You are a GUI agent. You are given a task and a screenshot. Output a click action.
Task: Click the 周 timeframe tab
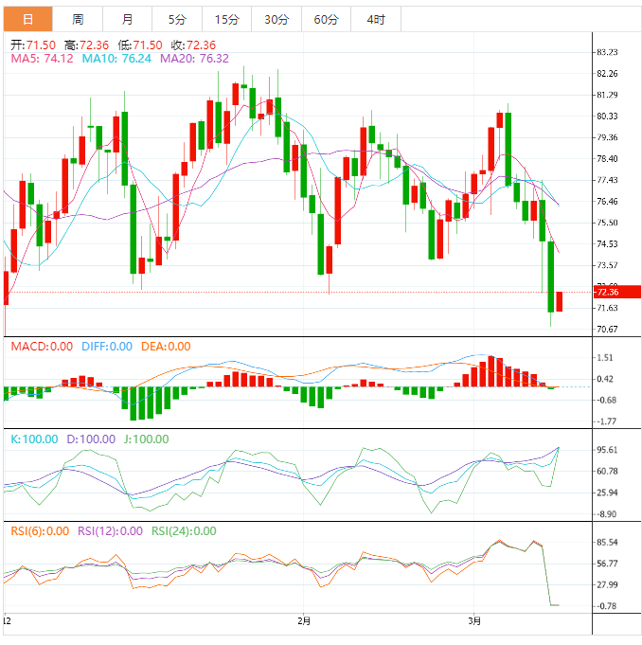pos(78,19)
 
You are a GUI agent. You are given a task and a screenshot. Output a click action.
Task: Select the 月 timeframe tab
pos(128,19)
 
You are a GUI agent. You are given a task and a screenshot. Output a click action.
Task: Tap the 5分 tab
pos(177,19)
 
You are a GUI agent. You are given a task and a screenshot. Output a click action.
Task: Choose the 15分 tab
pos(227,19)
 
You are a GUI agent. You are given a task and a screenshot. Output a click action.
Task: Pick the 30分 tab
pos(276,19)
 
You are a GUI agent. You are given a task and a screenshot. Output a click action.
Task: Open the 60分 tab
pos(326,19)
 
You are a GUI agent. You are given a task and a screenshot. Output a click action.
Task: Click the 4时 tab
pos(375,19)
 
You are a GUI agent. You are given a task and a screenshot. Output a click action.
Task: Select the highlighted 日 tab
pos(27,19)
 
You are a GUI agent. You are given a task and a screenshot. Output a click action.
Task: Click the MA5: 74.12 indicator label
pos(41,59)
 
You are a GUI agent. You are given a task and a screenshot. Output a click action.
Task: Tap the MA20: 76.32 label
pos(194,59)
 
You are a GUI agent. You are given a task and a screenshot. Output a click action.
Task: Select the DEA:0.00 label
pos(166,347)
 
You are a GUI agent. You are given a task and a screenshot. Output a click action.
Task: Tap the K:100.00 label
pos(33,439)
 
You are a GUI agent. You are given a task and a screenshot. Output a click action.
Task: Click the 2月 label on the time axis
pos(303,621)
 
